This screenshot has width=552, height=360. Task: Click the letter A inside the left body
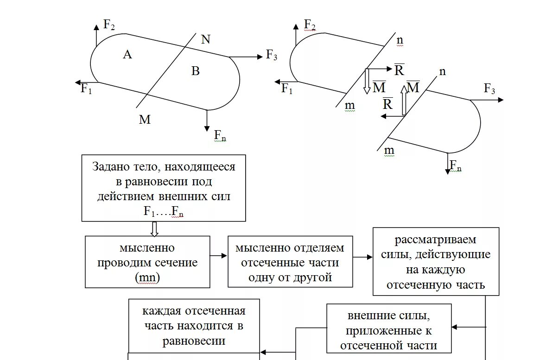(x=127, y=55)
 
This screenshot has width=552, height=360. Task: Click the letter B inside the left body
(x=195, y=71)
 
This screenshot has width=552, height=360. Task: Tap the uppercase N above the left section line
(x=205, y=39)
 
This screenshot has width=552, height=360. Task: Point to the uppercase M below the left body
(x=145, y=120)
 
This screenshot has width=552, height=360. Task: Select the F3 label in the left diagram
(x=272, y=55)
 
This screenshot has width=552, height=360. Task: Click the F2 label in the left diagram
(x=109, y=25)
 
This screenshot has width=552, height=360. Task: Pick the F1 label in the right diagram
(x=287, y=88)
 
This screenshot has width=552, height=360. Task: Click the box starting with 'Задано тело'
(x=164, y=188)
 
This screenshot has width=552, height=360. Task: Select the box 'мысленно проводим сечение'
(x=147, y=262)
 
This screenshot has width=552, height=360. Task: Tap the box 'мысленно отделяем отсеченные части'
(x=290, y=262)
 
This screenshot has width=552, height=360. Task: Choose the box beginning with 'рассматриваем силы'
(x=436, y=261)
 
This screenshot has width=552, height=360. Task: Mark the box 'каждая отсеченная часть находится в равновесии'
(x=194, y=326)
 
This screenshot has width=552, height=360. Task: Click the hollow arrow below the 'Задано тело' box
(x=155, y=228)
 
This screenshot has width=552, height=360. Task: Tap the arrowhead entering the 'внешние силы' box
(x=455, y=327)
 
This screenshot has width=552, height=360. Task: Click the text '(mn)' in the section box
(x=147, y=278)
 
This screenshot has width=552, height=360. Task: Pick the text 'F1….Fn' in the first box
(x=164, y=212)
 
